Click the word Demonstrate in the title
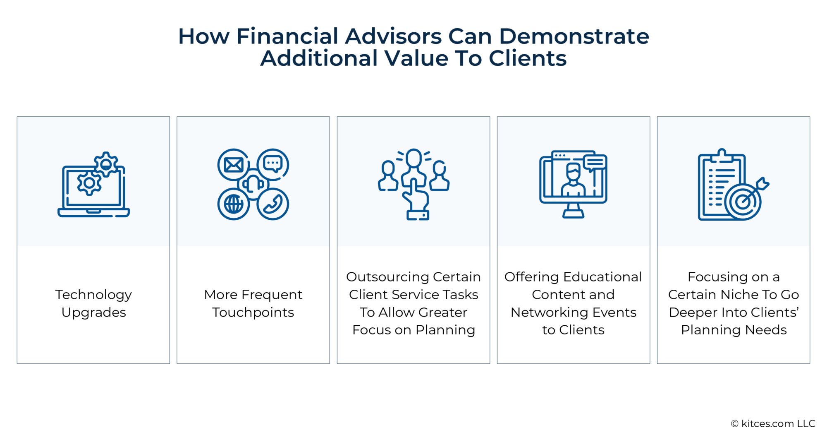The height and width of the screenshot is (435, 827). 574,36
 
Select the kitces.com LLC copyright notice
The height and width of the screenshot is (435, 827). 773,423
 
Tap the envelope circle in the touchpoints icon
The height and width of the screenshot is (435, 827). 233,165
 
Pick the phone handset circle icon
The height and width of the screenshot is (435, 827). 272,204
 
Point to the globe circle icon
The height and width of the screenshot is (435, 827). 233,204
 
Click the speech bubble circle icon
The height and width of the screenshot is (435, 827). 273,164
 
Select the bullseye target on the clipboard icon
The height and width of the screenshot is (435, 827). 743,202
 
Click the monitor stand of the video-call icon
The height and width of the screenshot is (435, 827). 573,211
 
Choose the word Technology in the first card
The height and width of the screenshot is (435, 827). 93,295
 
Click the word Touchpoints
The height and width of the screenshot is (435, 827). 253,312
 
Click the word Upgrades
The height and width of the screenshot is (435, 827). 93,312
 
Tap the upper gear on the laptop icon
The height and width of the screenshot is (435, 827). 106,164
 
